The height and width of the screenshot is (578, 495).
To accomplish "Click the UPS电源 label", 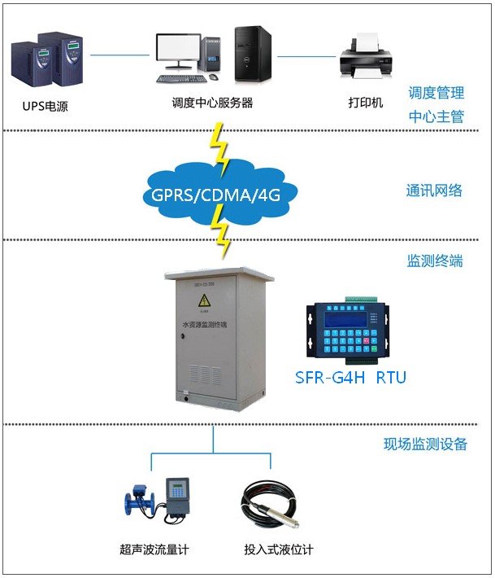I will [46, 105].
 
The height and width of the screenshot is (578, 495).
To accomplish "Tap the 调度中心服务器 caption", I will [212, 103].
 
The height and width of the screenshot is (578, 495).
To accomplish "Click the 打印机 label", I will [365, 103].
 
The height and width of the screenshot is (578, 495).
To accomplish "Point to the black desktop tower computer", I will [252, 54].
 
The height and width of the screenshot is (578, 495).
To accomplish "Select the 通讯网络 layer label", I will [434, 190].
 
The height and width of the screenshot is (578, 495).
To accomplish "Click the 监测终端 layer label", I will [434, 261].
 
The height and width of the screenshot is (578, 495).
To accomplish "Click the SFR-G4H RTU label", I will [350, 378].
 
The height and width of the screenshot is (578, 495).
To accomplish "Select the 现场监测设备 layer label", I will [425, 444].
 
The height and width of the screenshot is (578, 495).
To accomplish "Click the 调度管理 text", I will [436, 93].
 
